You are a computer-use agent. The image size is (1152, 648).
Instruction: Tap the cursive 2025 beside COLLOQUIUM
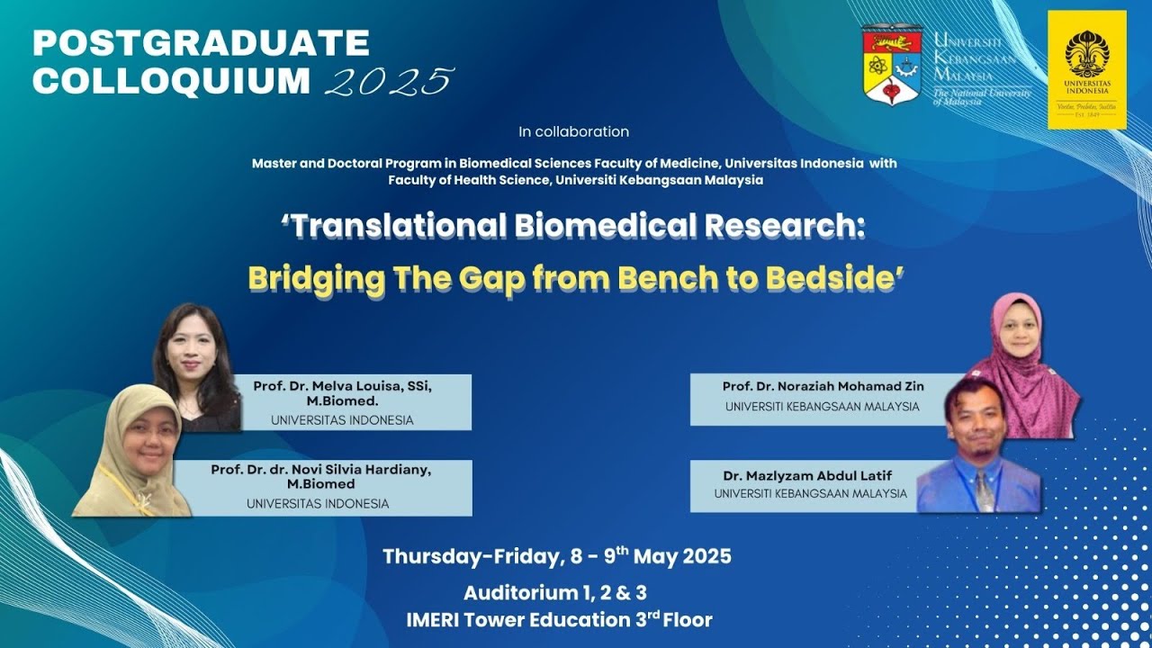(390, 81)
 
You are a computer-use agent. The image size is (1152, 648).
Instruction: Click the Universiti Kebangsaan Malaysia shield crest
(892, 66)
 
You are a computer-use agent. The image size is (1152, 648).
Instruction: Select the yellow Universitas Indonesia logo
(1087, 69)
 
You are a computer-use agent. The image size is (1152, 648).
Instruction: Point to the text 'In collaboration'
(573, 131)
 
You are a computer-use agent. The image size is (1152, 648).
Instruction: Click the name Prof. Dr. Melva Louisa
(329, 386)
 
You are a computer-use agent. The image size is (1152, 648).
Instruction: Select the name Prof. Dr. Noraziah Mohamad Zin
(823, 386)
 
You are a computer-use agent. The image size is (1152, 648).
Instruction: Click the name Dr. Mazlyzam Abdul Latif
(807, 476)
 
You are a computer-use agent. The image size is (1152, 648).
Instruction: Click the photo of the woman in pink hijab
(1023, 366)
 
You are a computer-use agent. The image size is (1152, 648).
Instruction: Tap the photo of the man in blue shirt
(978, 445)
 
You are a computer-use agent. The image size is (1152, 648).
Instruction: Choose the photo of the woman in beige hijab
(132, 451)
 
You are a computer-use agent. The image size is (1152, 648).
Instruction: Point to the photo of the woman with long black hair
(197, 367)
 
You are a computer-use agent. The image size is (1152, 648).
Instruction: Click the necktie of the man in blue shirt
(984, 490)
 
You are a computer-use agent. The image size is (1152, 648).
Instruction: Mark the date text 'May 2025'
(682, 556)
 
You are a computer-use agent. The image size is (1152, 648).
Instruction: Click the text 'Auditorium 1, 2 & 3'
(555, 593)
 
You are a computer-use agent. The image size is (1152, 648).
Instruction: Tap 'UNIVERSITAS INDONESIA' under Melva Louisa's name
(342, 420)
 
